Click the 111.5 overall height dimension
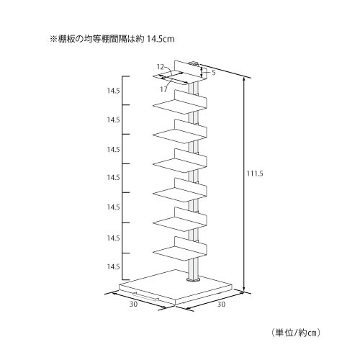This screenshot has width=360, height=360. (x=255, y=174)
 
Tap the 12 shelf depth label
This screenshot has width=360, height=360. (x=160, y=67)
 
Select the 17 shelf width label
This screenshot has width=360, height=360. (x=163, y=89)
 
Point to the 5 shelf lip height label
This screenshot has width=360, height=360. (x=214, y=73)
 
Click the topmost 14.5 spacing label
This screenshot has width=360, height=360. (x=113, y=91)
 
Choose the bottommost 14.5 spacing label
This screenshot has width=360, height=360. (x=113, y=266)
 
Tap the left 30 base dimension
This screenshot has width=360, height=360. (x=134, y=304)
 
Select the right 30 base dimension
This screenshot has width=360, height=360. (x=221, y=304)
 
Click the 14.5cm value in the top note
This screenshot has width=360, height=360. (x=161, y=39)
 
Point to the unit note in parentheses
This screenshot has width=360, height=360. (x=296, y=333)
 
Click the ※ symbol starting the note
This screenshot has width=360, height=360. (x=53, y=39)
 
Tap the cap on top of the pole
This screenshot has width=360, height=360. (x=194, y=64)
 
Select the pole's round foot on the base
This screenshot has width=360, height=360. (x=193, y=280)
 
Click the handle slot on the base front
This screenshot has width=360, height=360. (x=146, y=297)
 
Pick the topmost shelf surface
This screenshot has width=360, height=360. (x=179, y=77)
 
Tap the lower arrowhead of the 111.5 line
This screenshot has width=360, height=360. (x=244, y=290)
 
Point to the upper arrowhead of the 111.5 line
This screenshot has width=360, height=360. (x=244, y=81)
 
